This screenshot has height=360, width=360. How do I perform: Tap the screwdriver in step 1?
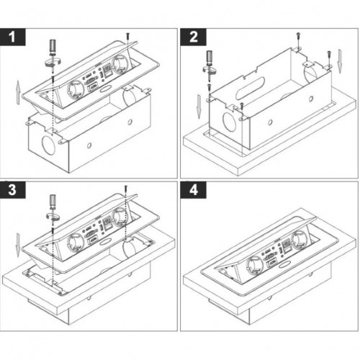coord(51,50)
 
